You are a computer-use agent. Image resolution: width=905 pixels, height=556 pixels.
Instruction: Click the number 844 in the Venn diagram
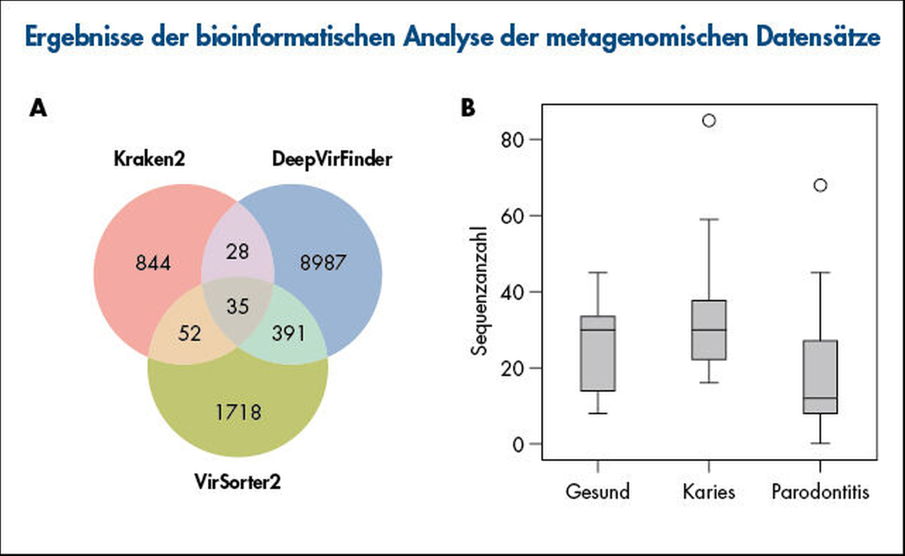153,263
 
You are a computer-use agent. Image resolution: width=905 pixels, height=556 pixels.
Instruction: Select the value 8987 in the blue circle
323,263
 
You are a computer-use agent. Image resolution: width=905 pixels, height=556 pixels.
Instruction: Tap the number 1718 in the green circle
238,412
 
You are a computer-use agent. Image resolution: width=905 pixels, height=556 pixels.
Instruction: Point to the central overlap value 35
238,306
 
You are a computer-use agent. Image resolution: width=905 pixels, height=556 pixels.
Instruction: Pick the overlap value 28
237,251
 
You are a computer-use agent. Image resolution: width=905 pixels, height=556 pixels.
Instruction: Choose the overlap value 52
190,333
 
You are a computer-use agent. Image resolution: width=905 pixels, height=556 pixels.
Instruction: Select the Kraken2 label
149,159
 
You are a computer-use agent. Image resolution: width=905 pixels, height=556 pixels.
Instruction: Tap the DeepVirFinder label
332,159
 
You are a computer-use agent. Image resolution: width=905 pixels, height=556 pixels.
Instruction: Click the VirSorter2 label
238,482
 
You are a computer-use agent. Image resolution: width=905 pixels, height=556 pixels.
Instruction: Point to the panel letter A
38,108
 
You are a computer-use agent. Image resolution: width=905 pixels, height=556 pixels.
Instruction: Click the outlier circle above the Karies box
709,121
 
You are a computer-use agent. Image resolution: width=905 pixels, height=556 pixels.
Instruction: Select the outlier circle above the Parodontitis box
820,185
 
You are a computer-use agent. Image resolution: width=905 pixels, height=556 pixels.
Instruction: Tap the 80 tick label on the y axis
512,140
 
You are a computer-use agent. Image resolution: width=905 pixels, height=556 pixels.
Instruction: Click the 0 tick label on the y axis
518,445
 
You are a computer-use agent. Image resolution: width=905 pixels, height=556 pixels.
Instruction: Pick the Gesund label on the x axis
597,492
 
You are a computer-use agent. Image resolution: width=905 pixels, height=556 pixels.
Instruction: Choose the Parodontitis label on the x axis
820,492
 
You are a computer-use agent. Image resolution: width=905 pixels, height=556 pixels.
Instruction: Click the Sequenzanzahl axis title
479,291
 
